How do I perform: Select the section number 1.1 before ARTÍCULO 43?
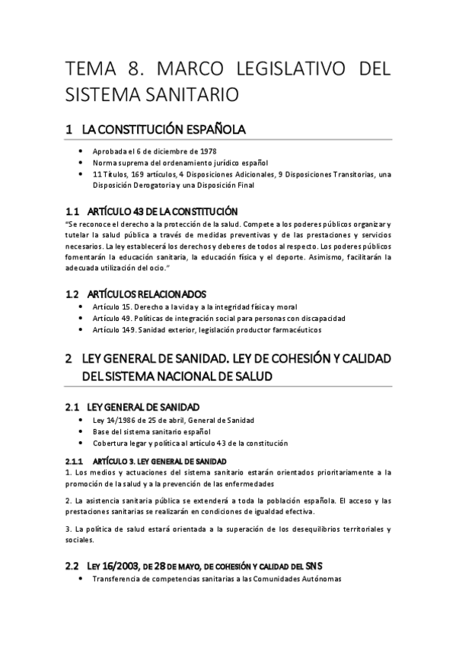point(73,211)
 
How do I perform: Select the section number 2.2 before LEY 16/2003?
point(73,565)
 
